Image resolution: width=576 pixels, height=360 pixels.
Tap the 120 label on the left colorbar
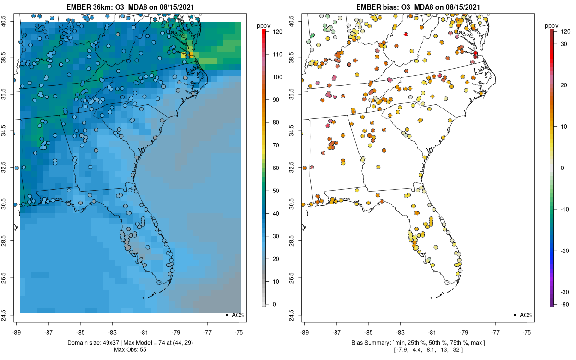pos(278,32)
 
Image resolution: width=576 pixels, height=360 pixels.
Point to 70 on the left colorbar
pos(276,145)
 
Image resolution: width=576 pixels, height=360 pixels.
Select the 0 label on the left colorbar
pos(274,304)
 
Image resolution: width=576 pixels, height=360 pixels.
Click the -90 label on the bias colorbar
pos(565,305)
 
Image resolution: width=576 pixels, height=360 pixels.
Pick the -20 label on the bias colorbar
pos(565,251)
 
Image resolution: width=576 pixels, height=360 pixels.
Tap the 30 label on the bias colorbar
pos(564,44)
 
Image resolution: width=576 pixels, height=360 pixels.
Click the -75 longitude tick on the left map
pos(239,332)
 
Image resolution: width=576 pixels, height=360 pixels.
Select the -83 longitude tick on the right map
pos(400,332)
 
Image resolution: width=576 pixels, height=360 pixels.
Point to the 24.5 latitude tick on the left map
pos(4,315)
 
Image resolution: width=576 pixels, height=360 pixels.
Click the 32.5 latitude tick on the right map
pos(291,168)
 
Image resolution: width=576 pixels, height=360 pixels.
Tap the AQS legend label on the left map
pos(238,315)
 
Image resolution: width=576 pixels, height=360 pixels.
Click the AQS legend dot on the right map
pos(515,315)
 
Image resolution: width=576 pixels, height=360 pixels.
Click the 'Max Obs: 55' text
pos(130,350)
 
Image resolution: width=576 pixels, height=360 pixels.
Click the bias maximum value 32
pos(456,350)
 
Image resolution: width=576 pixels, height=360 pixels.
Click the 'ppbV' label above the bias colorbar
pos(552,26)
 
